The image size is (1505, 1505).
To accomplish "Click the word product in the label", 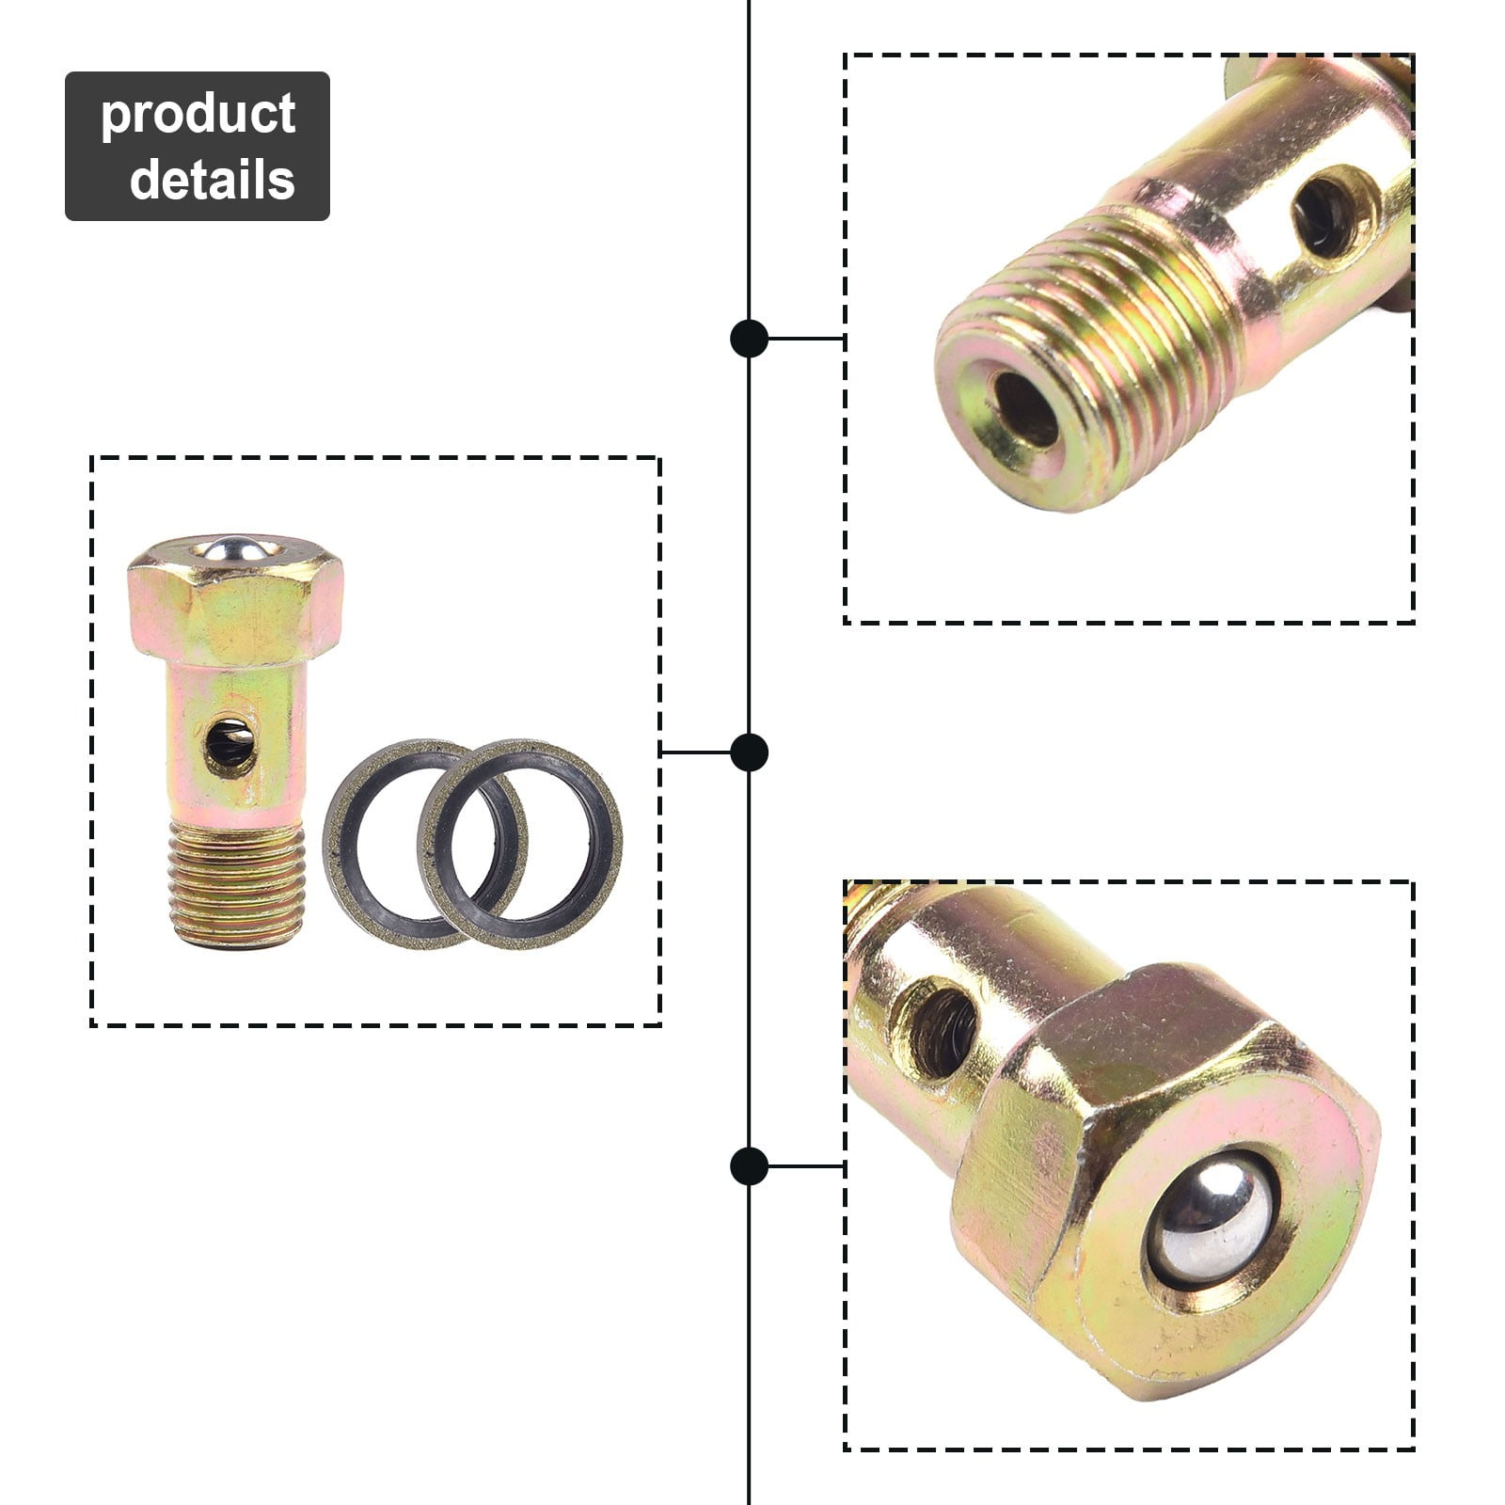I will (198, 115).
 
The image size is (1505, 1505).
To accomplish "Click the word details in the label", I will (212, 179).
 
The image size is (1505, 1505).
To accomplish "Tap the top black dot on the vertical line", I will (749, 338).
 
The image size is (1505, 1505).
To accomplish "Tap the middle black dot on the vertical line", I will (749, 752).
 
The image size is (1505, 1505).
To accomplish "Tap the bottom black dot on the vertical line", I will (749, 1166).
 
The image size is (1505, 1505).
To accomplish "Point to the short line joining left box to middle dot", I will (696, 752).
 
